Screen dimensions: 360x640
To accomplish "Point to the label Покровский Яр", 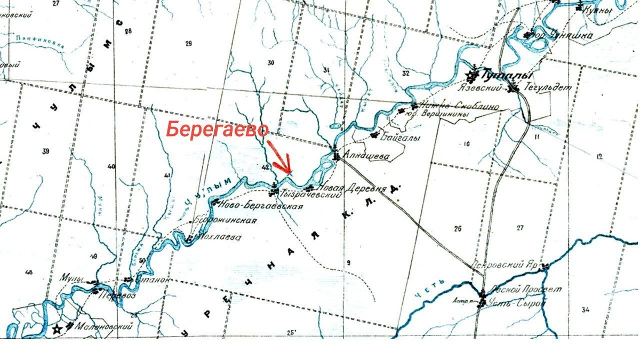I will pos(506,265).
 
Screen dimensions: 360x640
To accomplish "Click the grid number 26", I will pos(457,229).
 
